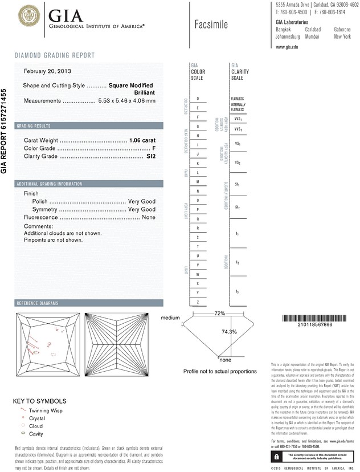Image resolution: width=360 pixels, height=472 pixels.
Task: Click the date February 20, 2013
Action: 47,71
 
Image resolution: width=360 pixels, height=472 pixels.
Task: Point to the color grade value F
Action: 154,148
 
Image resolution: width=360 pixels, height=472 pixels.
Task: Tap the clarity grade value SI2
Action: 151,156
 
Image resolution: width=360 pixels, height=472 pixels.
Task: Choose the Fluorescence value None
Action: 149,217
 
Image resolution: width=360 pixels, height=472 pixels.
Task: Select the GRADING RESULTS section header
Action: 34,125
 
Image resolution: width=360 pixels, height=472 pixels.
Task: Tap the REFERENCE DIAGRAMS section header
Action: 38,303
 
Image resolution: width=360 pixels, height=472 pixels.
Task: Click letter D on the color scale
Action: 198,99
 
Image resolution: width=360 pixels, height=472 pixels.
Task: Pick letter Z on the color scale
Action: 198,301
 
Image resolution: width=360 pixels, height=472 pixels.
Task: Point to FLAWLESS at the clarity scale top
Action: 238,99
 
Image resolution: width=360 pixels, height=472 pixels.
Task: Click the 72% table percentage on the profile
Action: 220,314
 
